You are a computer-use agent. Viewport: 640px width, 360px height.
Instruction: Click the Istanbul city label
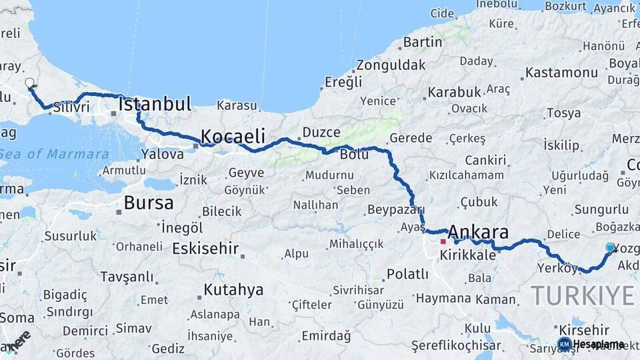155,104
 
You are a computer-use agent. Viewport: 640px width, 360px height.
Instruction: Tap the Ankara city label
478,232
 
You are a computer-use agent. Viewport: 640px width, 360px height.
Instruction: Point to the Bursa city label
149,203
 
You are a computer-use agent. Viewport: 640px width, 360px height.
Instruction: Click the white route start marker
29,83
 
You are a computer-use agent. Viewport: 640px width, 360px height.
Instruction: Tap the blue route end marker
610,248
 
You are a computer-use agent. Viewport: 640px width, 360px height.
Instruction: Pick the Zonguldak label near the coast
391,65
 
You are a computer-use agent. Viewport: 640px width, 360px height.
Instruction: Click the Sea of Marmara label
53,154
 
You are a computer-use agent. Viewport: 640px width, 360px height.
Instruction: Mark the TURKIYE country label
583,294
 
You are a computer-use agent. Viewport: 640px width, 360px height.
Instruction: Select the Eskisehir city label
205,249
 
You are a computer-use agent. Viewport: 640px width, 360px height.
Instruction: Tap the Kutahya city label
233,290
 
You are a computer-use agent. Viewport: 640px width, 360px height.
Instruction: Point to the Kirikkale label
468,255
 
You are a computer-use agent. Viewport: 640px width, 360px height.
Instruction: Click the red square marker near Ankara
443,241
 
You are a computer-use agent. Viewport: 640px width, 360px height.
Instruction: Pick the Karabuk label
455,91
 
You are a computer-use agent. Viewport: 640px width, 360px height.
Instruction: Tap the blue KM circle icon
564,344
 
